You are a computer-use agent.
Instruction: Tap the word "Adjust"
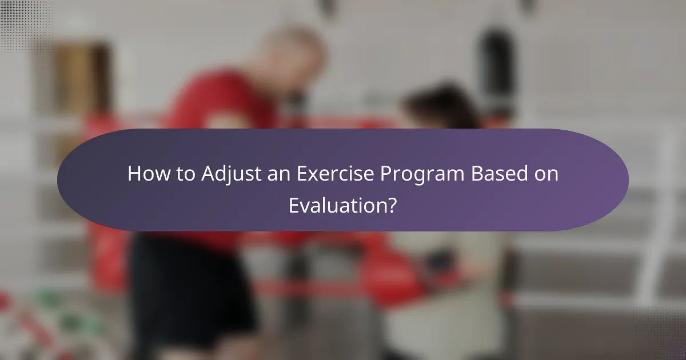coord(225,174)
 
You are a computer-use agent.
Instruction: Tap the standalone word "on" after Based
coord(547,174)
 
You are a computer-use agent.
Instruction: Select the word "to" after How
coord(184,174)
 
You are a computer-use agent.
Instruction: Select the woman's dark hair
coord(437,106)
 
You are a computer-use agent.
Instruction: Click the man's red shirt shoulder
coord(212,91)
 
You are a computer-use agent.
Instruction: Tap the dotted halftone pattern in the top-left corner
coord(23,23)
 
